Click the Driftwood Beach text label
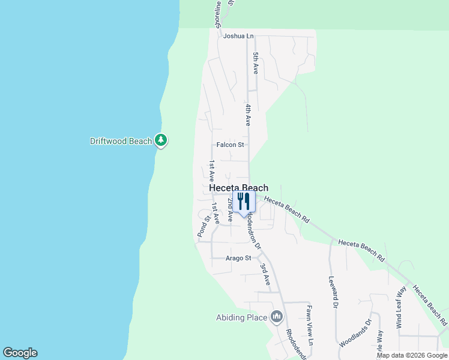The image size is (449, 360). coord(121,142)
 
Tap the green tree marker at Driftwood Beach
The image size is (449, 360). coord(160,140)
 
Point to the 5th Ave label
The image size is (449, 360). coord(255,63)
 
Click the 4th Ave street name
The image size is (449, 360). coord(247,114)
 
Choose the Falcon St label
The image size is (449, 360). coord(231,145)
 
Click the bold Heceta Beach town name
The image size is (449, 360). coord(238,188)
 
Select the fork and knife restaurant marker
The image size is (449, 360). coord(244,200)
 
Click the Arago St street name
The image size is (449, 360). coord(238,258)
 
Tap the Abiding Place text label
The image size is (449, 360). coord(241,317)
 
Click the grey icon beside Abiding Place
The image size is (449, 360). coord(277,317)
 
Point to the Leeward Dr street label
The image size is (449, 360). coord(331,292)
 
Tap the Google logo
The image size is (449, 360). coord(20,353)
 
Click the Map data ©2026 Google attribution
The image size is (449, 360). coord(412,355)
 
